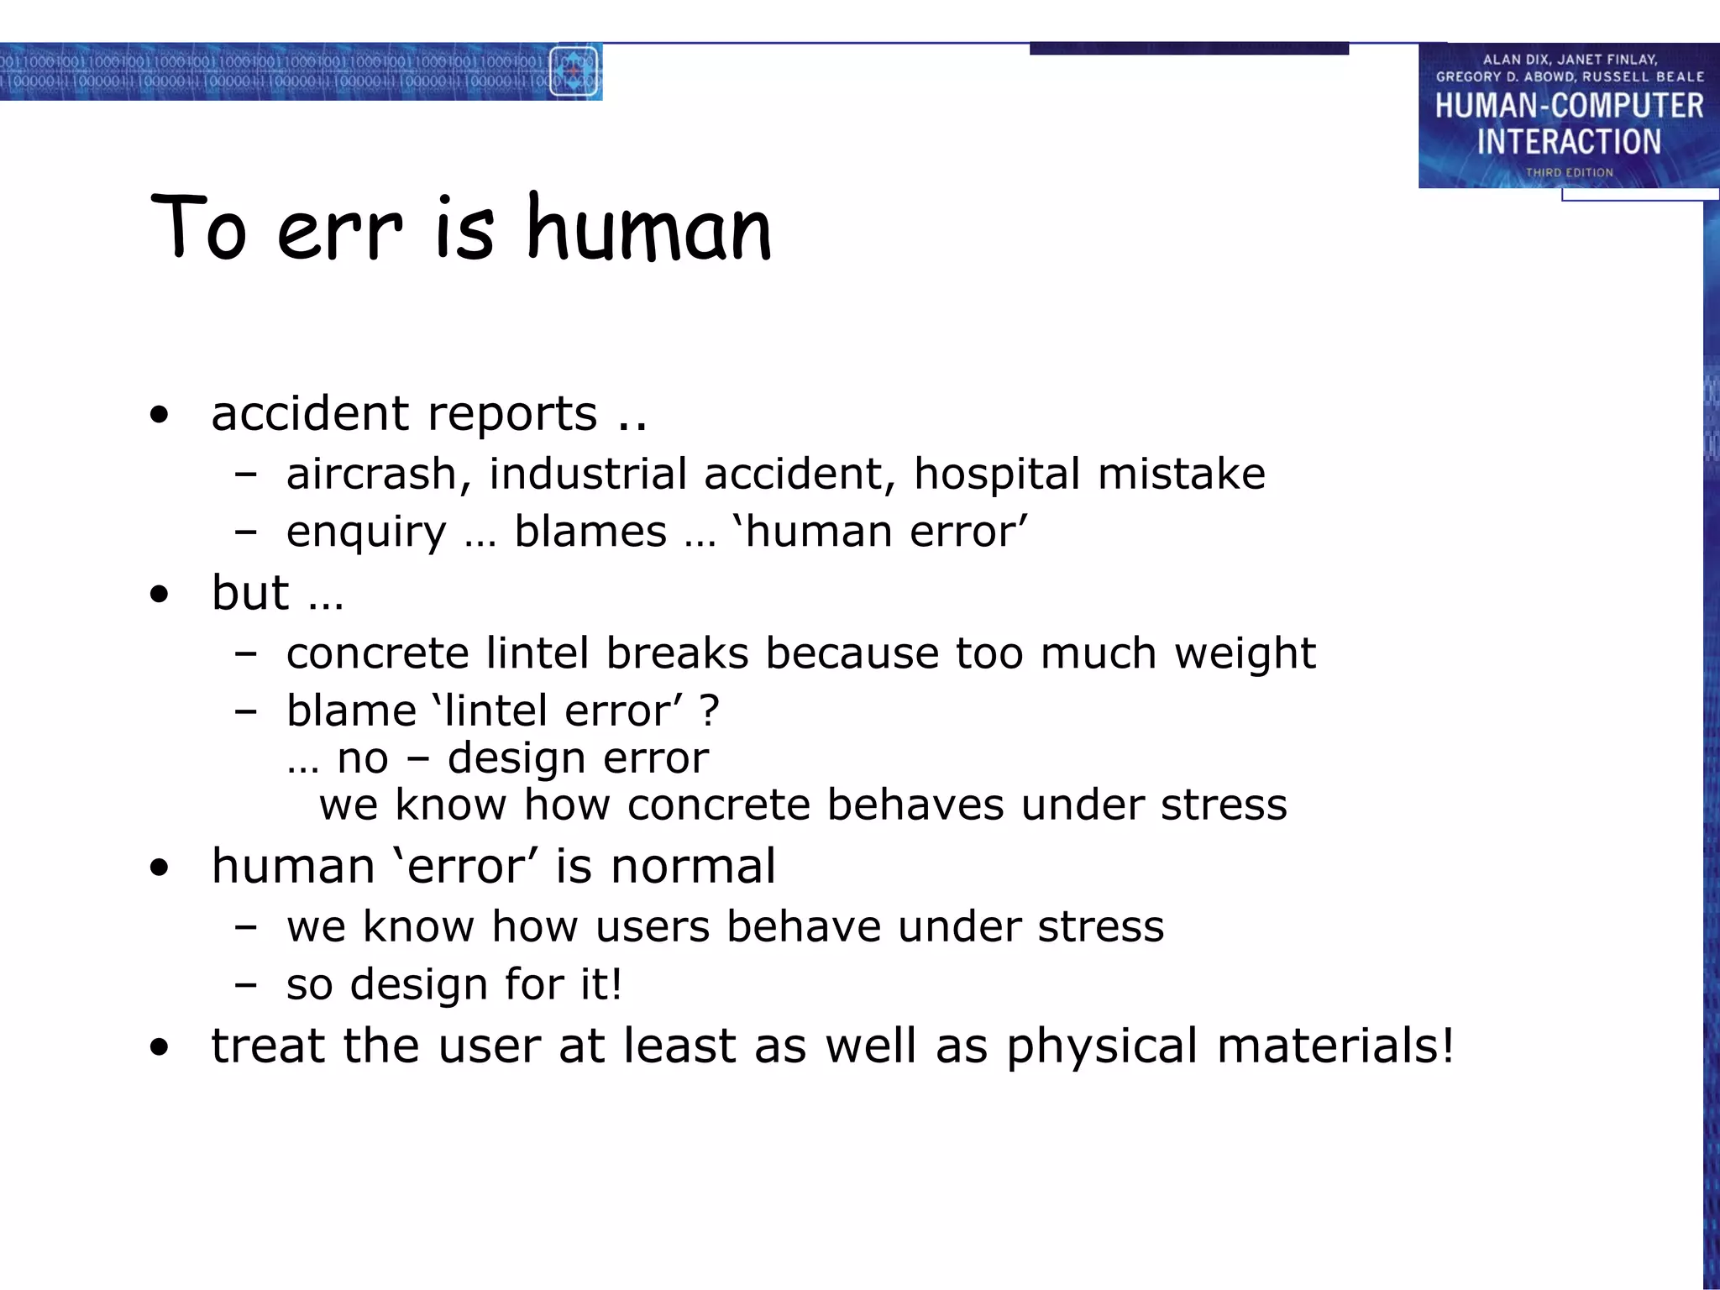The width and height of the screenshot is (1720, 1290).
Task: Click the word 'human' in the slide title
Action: tap(648, 228)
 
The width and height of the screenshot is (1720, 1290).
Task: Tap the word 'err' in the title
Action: tap(339, 232)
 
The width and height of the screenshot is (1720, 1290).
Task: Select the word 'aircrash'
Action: tap(372, 474)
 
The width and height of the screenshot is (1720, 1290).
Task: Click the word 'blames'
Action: tap(590, 532)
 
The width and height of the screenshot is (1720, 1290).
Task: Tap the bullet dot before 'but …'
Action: tap(159, 595)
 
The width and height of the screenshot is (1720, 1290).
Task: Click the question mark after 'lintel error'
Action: tap(709, 711)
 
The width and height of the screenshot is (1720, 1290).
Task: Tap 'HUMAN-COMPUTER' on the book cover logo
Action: tap(1569, 107)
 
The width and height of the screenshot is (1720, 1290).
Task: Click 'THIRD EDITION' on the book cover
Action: tap(1569, 172)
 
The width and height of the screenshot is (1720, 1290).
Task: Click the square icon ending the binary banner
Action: tap(574, 72)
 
